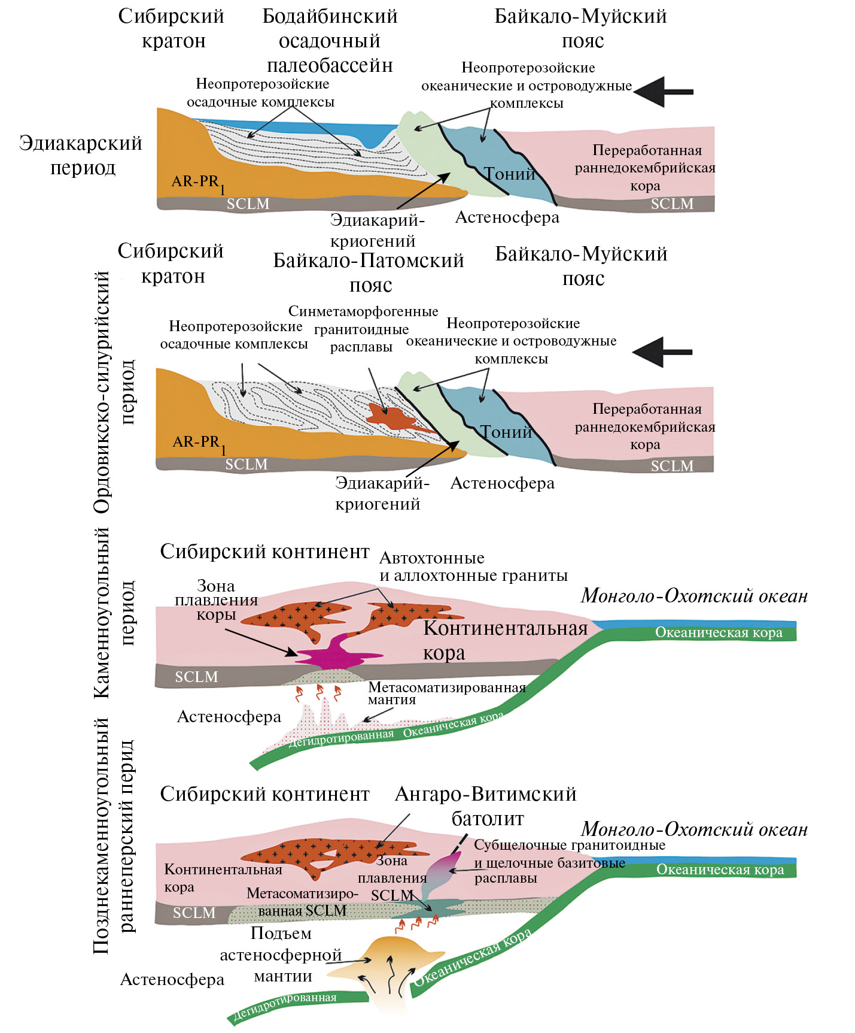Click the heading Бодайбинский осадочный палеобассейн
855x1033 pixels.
click(x=330, y=41)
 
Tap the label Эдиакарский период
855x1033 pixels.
click(x=81, y=155)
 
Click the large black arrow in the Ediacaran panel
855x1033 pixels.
click(x=662, y=92)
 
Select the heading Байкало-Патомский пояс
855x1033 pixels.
click(x=369, y=272)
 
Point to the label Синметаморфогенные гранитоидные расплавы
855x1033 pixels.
click(x=363, y=329)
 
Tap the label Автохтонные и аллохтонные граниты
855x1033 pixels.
click(x=473, y=567)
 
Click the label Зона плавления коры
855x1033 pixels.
click(x=216, y=600)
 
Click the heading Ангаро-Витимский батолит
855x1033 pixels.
click(x=486, y=805)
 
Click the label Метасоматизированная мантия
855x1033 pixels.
click(x=446, y=693)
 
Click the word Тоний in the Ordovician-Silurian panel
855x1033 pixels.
click(x=506, y=432)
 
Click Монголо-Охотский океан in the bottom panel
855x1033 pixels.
click(x=694, y=829)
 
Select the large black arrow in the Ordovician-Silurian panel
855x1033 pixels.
click(x=661, y=352)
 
